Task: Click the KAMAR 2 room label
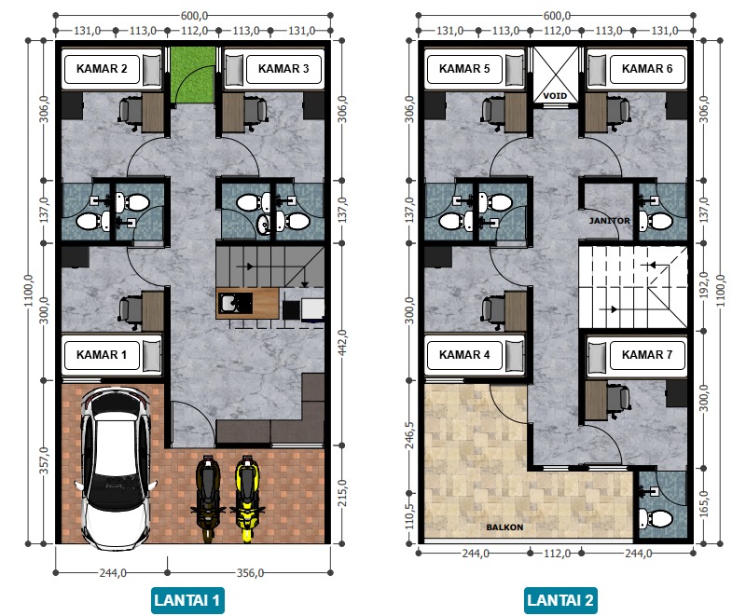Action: [102, 69]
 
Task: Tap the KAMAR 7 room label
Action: [647, 354]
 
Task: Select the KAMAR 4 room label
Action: [464, 354]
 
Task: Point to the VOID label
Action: [555, 96]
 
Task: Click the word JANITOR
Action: [610, 221]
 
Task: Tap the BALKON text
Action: [504, 527]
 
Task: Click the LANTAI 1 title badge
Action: [187, 600]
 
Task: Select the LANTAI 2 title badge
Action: [560, 600]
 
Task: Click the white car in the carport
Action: [116, 468]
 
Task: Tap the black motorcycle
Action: [208, 499]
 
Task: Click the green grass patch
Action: [193, 75]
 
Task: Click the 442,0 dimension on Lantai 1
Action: [342, 343]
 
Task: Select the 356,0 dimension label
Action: [250, 573]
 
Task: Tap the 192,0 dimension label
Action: [704, 285]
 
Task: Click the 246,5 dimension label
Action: [409, 435]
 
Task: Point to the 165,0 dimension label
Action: [704, 504]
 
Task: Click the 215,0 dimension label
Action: [342, 493]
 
